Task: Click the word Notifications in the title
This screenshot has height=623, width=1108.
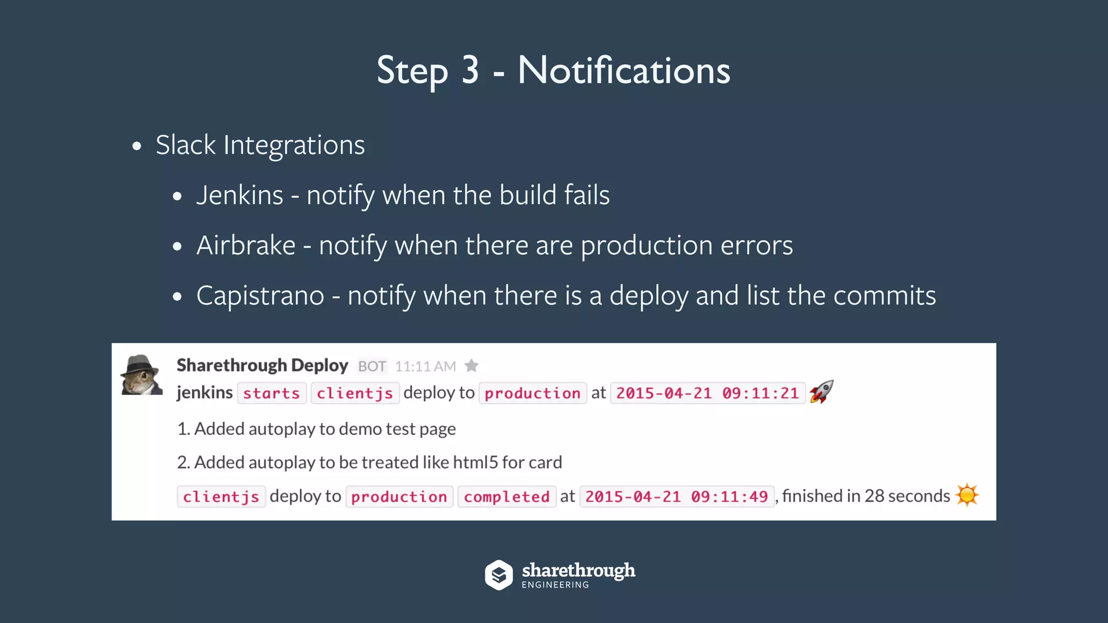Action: click(x=623, y=70)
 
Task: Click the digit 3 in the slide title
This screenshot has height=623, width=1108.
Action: click(x=470, y=70)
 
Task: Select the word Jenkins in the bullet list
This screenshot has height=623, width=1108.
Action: click(x=240, y=195)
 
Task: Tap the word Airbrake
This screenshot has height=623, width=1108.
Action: click(x=246, y=246)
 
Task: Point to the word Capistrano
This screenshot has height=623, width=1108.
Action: click(x=260, y=296)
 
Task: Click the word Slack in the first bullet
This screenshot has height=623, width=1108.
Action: click(x=186, y=145)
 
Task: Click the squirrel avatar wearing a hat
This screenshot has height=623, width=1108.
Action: click(x=142, y=375)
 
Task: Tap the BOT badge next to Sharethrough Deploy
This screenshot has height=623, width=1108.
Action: click(x=372, y=367)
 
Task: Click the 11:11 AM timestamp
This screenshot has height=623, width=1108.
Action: click(x=425, y=367)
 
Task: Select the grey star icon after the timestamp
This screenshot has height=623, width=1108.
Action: click(x=472, y=366)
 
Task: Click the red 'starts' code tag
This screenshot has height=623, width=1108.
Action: click(x=271, y=393)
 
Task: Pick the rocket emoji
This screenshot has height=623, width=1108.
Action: click(x=821, y=392)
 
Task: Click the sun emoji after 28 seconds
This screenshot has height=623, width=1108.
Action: click(x=967, y=495)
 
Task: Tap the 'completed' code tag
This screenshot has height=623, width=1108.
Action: click(x=506, y=496)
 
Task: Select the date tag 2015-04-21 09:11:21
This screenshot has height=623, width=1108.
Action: click(x=708, y=393)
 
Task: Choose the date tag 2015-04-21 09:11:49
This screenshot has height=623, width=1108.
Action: click(x=676, y=496)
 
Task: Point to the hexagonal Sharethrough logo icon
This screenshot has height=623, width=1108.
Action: click(x=498, y=574)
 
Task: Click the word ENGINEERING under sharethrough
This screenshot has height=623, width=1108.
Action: click(x=555, y=585)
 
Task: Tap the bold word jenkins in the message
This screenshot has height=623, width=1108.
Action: click(x=205, y=392)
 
